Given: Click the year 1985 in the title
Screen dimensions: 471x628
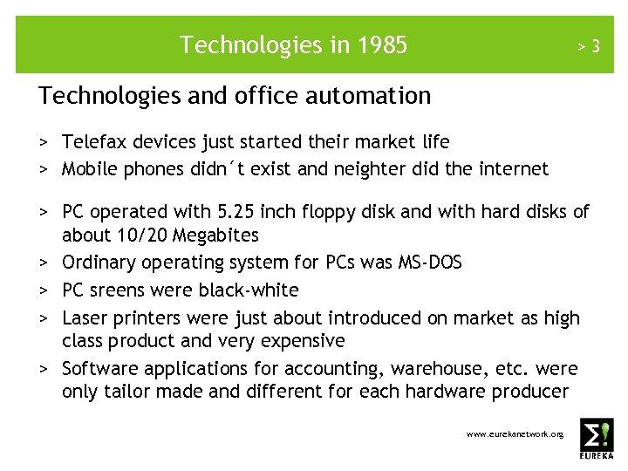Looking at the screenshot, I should (x=381, y=44).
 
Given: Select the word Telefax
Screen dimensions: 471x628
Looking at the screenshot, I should (x=95, y=141).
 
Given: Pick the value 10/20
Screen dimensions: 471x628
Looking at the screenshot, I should (x=144, y=235).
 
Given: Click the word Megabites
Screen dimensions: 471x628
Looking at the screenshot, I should (x=215, y=235).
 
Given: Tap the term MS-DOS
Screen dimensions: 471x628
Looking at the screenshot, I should (x=431, y=263).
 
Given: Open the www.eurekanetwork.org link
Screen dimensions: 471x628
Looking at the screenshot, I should (x=515, y=433).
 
